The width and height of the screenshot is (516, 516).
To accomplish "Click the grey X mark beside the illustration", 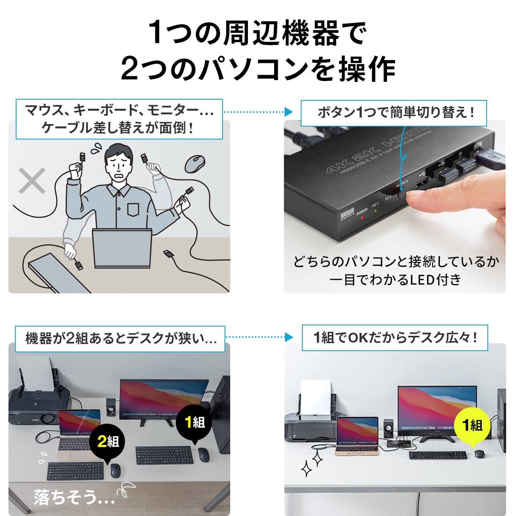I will (32, 180).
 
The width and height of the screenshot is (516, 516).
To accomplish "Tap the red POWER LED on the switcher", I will (362, 218).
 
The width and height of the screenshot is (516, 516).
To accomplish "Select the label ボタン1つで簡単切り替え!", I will (394, 112).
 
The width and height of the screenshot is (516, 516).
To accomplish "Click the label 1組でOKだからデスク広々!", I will (395, 337).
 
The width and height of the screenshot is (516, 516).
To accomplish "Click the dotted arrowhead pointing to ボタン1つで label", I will (288, 112).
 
